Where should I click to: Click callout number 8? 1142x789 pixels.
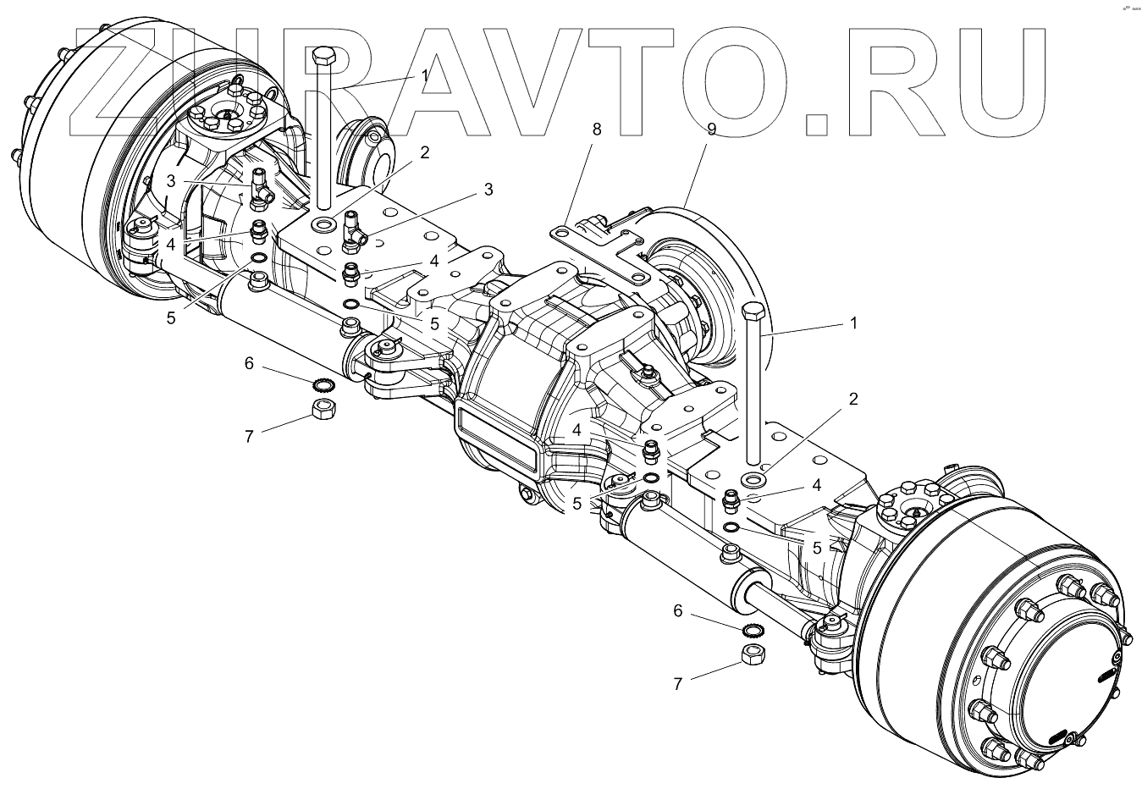click(x=597, y=130)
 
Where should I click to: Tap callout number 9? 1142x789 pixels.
click(x=711, y=130)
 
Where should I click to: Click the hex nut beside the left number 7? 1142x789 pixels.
click(x=322, y=411)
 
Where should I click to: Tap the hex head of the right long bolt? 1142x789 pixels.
click(x=753, y=311)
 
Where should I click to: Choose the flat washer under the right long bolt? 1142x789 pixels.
click(x=752, y=480)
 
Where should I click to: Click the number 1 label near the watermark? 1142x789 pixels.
click(x=423, y=75)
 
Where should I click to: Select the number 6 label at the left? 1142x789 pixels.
click(x=249, y=363)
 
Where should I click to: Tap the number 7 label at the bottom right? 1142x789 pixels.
click(x=677, y=685)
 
